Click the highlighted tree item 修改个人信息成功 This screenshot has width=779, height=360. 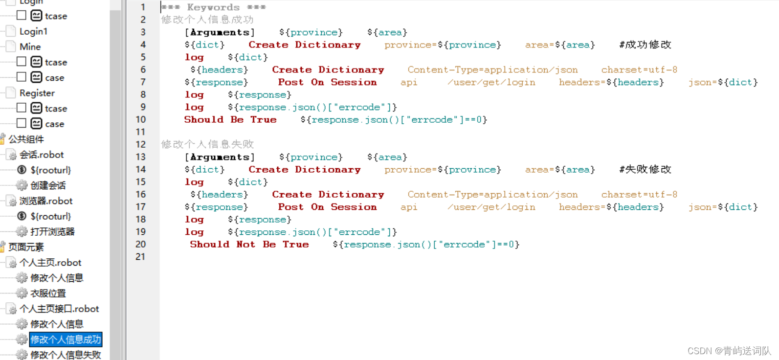tap(66, 339)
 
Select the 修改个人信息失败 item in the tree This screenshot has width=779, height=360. tap(66, 355)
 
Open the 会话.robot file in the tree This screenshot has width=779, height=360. tap(42, 155)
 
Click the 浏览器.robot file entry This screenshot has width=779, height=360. tap(45, 201)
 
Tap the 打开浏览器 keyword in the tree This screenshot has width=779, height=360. tap(52, 231)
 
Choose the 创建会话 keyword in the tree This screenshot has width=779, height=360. tap(48, 185)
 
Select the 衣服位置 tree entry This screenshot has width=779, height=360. tap(48, 293)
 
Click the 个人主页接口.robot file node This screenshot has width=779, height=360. tap(59, 309)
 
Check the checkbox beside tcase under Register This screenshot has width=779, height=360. tap(22, 108)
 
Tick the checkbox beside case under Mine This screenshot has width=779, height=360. tap(22, 77)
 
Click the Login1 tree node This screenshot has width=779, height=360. tap(33, 31)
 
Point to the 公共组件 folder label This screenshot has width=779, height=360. tap(26, 139)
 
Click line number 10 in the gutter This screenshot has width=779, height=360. tap(141, 119)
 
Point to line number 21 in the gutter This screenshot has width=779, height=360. tap(141, 256)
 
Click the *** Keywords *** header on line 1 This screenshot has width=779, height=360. tap(213, 7)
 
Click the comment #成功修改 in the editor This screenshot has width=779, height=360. tap(645, 45)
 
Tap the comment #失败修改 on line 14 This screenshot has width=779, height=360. tap(645, 170)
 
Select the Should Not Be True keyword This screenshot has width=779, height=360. tap(249, 244)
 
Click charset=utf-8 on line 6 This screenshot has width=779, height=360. tap(639, 70)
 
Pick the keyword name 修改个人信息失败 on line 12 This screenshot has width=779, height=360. tap(207, 144)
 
